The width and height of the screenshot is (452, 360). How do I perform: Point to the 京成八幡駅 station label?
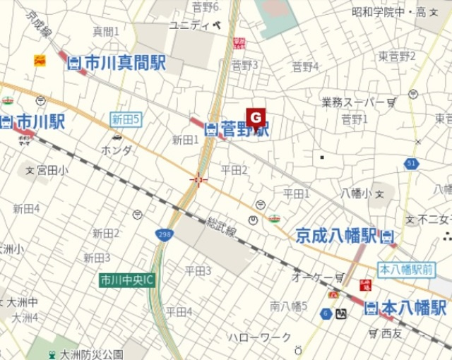coord(337,235)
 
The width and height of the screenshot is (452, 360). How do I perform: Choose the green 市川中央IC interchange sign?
coord(128,280)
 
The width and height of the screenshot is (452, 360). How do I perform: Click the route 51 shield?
coord(411,164)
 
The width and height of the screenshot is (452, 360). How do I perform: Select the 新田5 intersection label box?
coord(126,119)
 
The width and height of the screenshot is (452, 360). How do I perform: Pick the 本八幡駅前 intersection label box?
coord(406,269)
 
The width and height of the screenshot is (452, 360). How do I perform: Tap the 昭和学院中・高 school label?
coord(389,12)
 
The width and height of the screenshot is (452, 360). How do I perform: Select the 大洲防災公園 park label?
coord(92,354)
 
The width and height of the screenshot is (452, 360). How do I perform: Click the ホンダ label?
coord(116,150)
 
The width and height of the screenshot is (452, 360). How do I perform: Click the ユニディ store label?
coord(190,25)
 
